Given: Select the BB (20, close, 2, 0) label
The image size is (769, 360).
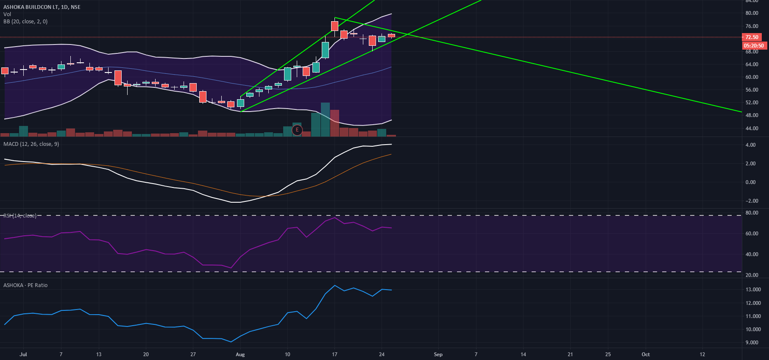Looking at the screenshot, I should point(25,22).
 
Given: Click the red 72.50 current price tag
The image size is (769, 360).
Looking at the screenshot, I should point(752,37).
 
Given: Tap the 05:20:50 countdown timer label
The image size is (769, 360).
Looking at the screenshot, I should point(754,46).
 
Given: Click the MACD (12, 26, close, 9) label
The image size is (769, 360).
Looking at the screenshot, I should point(31,144).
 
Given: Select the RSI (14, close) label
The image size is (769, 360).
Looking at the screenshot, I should point(20,216).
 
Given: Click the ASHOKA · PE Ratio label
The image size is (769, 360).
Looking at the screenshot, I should point(25,285).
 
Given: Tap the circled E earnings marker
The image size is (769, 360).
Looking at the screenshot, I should point(297,130).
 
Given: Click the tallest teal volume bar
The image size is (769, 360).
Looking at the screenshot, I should point(325,119).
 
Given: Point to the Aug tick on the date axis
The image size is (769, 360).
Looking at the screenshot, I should point(240,354).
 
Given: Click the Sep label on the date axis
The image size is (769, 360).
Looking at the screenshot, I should point(438,354).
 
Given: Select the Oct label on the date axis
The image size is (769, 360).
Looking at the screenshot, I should point(645,354).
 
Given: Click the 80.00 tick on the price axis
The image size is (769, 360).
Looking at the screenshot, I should point(752,13).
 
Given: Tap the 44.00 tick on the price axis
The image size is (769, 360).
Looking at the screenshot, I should point(752,128).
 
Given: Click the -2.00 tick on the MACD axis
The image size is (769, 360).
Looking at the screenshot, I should point(751,201).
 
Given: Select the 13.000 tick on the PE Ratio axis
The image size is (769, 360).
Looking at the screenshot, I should point(753,290).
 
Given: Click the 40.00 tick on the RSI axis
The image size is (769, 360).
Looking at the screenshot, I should point(752,254).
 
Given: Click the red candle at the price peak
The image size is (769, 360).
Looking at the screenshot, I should point(334,26).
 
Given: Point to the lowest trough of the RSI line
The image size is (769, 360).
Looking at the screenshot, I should point(231,268).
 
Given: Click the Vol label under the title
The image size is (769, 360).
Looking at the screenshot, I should point(7,14).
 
